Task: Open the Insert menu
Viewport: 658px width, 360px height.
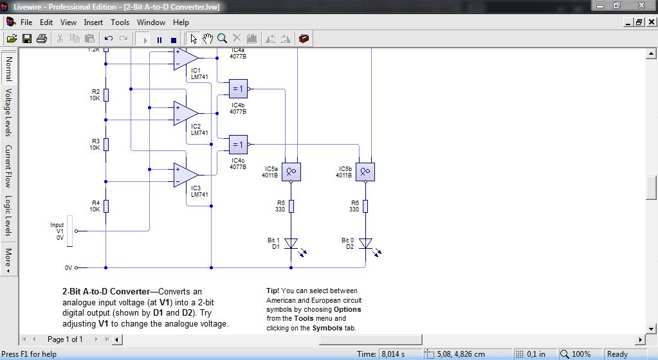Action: [93, 22]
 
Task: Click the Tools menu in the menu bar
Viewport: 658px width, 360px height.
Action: [120, 22]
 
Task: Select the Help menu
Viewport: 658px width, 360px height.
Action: [181, 22]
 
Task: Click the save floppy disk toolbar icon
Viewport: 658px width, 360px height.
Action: [27, 39]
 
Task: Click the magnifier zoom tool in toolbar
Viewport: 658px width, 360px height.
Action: [222, 39]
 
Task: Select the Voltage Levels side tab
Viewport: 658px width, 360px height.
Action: [8, 113]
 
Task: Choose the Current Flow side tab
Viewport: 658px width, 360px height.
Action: [8, 166]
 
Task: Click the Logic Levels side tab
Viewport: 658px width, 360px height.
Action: [8, 215]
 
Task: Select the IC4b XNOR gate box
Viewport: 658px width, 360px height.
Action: [238, 89]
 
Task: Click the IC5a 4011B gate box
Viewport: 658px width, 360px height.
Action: [291, 172]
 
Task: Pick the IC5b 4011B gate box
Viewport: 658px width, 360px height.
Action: [365, 172]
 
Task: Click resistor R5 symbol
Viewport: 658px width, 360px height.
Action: [291, 206]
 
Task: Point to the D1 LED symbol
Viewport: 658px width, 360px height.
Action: [291, 244]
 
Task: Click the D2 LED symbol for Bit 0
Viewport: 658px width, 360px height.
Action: [365, 244]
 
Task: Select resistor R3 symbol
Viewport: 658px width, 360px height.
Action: [105, 144]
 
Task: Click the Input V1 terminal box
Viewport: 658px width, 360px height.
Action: [71, 230]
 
